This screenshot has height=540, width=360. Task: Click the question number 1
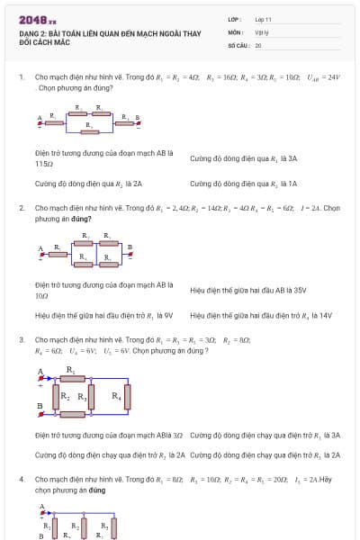point(21,77)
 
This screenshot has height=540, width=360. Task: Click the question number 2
point(21,208)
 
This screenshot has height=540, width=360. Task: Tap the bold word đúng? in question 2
point(76,218)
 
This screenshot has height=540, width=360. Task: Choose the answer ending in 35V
point(248,291)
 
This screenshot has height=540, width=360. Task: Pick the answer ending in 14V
point(261,316)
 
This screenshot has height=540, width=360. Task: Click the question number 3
point(21,340)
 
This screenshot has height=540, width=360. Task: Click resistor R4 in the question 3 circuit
point(127,396)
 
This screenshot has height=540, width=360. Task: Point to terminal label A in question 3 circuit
point(40,371)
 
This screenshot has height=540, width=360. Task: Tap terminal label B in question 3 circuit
point(40,406)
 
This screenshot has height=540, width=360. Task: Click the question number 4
point(21,480)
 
